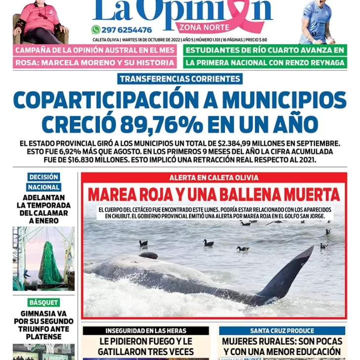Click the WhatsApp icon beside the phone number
click(95, 30)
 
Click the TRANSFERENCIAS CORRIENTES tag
click(180, 79)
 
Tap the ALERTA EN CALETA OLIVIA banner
click(214, 178)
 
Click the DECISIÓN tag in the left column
click(44, 177)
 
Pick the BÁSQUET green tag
click(44, 302)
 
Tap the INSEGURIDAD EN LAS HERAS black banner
click(145, 330)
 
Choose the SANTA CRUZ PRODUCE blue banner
click(282, 330)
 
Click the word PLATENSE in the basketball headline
click(44, 337)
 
